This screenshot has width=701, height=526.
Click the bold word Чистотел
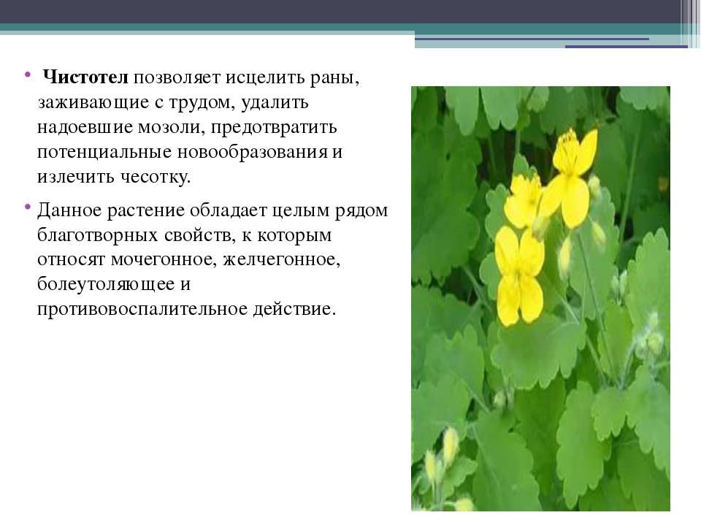[86, 77]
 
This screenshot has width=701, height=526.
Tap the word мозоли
[171, 127]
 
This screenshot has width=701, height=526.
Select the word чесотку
[156, 177]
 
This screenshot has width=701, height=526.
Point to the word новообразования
[253, 152]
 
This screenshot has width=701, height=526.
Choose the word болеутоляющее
[106, 284]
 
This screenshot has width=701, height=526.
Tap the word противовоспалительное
[142, 309]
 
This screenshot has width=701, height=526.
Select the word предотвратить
[274, 127]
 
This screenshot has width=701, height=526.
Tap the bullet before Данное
[28, 206]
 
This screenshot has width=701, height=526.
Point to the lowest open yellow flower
[519, 275]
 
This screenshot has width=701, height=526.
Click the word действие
[294, 309]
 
